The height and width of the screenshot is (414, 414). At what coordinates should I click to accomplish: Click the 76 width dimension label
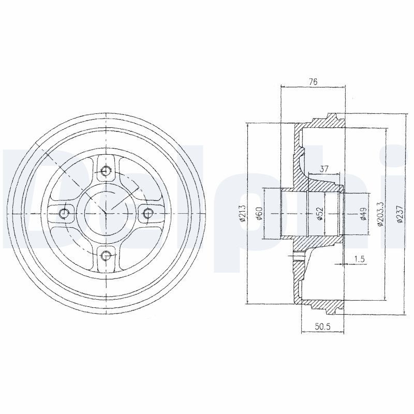tap(313, 82)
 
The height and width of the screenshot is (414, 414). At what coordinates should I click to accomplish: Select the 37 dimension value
tap(324, 169)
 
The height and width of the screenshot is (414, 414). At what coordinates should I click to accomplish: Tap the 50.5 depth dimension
tap(322, 327)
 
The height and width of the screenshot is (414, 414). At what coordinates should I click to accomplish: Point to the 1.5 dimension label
tap(359, 259)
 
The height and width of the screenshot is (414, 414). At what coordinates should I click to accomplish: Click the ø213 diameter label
tap(242, 213)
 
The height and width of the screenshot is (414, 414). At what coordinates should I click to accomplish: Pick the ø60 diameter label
tap(259, 213)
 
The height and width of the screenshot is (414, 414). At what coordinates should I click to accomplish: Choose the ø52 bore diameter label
tap(320, 213)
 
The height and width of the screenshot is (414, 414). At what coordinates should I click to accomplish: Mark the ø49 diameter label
tap(363, 213)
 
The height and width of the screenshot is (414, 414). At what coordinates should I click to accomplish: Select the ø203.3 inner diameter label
tap(380, 214)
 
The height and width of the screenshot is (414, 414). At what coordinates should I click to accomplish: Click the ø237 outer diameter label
tap(400, 214)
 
